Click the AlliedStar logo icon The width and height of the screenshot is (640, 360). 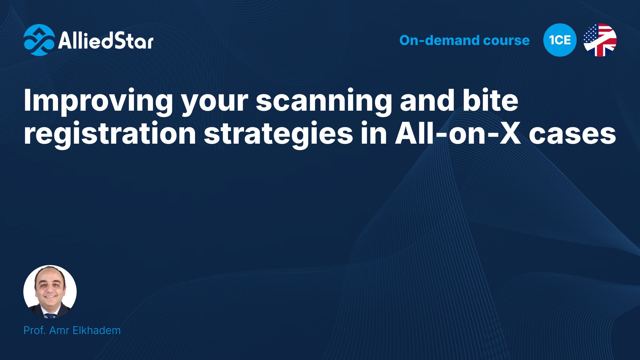(x=39, y=40)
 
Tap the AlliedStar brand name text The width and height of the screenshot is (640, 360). (x=106, y=40)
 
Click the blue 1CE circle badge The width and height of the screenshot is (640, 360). (x=560, y=40)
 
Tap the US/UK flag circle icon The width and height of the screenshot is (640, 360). (x=600, y=40)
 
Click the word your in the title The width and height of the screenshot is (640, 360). (x=215, y=103)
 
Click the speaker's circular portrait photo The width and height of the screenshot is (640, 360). (x=50, y=292)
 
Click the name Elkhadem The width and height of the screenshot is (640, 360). (x=97, y=330)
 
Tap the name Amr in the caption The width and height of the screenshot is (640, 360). (x=59, y=330)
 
